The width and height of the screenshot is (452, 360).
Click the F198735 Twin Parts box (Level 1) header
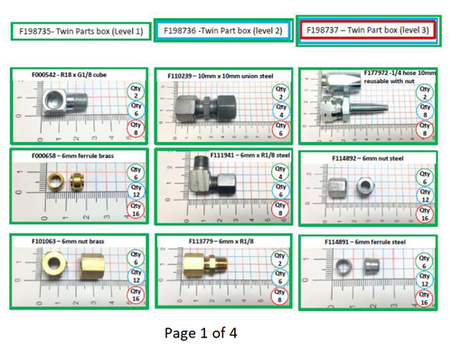tap(78, 31)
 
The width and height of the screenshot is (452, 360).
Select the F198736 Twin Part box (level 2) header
tap(222, 30)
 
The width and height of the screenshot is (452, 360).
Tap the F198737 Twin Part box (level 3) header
tap(372, 30)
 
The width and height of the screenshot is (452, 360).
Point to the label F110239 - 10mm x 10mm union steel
tap(221, 73)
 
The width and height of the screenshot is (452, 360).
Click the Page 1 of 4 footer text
tap(201, 332)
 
